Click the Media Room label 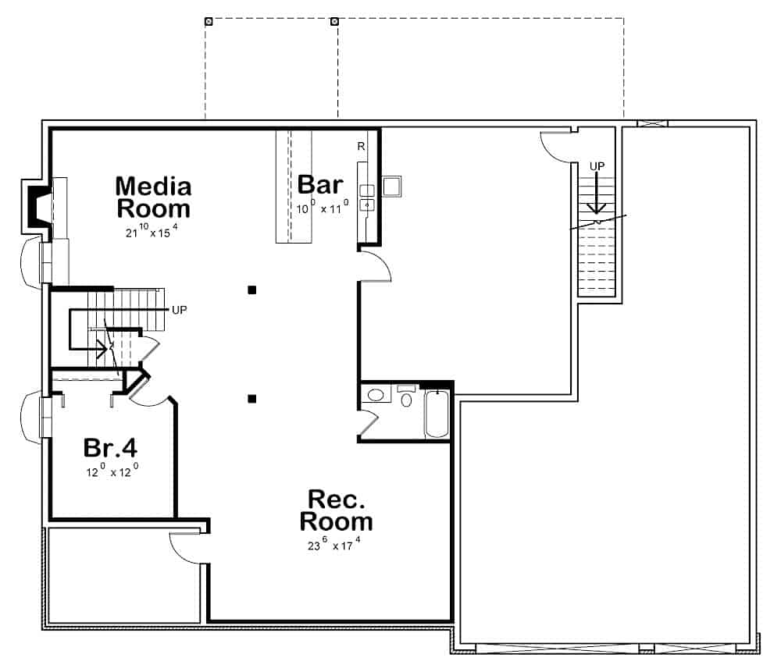point(153,197)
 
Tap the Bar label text point(320,185)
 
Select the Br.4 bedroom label point(110,449)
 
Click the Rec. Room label point(336,510)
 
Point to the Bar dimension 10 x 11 point(320,208)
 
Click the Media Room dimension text point(153,232)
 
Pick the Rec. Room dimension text point(334,545)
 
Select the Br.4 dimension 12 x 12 point(112,471)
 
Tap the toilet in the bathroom point(405,399)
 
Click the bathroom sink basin point(376,395)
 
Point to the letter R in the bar point(361,146)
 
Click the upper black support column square point(252,290)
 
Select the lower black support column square point(252,399)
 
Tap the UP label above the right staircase point(597,166)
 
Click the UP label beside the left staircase point(179,309)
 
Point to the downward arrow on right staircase point(597,195)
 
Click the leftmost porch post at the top point(209,21)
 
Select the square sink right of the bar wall point(391,187)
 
